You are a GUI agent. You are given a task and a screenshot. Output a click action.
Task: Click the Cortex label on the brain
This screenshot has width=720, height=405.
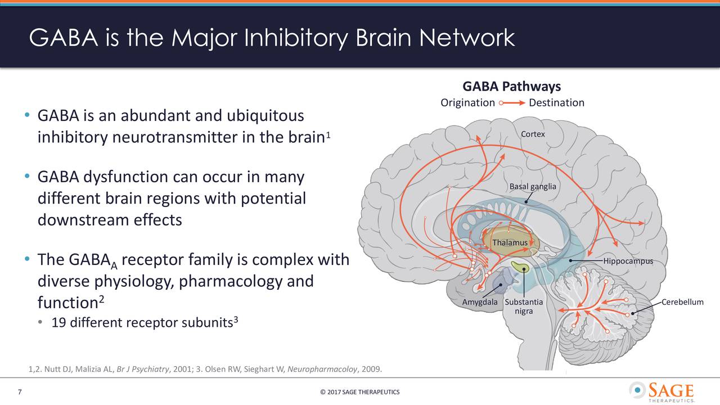[x=532, y=134]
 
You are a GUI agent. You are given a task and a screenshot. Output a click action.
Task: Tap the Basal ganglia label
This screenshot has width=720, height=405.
[x=532, y=187]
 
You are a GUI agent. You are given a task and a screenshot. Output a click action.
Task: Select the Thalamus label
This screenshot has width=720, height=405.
[x=510, y=242]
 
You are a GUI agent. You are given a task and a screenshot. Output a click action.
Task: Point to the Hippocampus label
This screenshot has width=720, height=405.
[x=628, y=261]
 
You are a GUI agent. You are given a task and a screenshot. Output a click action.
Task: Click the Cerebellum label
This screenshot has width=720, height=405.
[x=682, y=302]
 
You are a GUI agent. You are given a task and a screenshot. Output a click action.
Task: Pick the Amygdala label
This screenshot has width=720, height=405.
[x=479, y=302]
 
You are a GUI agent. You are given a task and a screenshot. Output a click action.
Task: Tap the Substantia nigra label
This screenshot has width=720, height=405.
[x=524, y=307]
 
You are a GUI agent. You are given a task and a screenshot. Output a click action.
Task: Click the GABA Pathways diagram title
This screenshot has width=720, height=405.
[x=511, y=87]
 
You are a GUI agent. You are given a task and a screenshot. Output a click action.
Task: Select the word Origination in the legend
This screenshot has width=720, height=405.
[x=467, y=102]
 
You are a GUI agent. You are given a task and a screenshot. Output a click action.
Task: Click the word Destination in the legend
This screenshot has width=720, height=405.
[x=556, y=102]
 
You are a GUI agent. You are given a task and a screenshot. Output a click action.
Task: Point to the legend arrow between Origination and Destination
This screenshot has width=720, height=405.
[x=512, y=103]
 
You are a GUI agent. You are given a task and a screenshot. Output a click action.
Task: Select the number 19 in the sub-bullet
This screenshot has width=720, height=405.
[x=58, y=323]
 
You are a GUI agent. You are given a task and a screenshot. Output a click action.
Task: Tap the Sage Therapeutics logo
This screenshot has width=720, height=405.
[x=661, y=391]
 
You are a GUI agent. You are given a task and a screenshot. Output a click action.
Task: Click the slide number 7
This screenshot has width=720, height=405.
[x=20, y=392]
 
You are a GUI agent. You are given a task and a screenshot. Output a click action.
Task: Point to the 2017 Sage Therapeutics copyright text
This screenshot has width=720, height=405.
[x=359, y=392]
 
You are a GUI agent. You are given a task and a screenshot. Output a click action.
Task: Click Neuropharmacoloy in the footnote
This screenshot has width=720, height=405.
[x=322, y=369]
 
